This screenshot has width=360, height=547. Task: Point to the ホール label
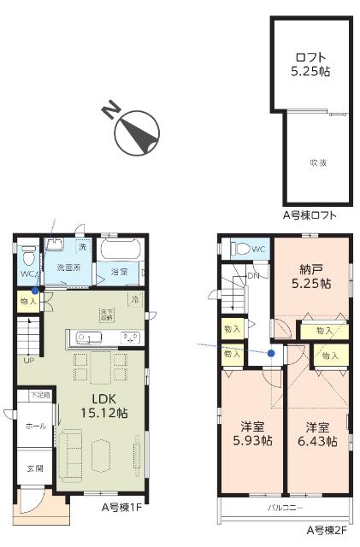click(34, 425)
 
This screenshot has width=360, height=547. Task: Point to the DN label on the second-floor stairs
click(253, 276)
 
